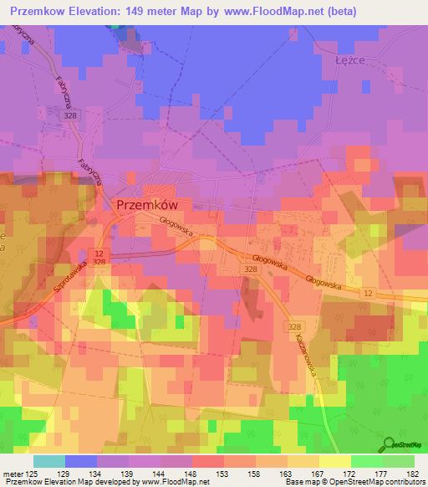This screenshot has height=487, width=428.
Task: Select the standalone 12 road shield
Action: coord(368,292)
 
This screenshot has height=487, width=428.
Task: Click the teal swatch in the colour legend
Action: coord(49,461)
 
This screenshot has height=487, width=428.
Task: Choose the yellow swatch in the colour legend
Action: coord(335,461)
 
